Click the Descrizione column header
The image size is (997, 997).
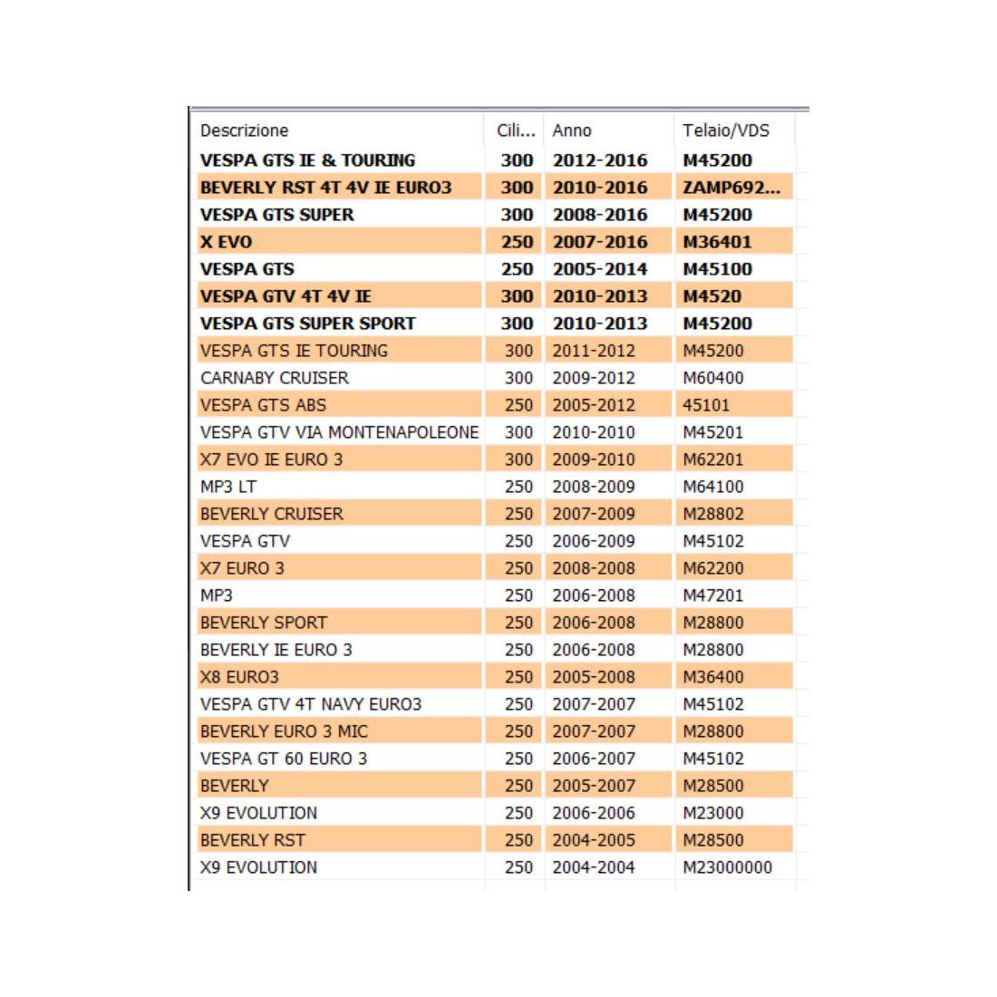(244, 131)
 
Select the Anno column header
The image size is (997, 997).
(572, 131)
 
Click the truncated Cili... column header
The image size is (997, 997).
(516, 131)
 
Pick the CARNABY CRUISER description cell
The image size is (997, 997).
(274, 378)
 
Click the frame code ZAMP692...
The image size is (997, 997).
(731, 188)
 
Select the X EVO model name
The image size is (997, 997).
(226, 242)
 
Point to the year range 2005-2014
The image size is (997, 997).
(600, 269)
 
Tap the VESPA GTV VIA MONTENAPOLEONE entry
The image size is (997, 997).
(339, 432)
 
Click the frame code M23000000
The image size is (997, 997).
(727, 867)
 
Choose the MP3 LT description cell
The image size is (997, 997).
(227, 487)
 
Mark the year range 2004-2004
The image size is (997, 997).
(594, 867)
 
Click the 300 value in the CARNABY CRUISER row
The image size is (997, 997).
(518, 378)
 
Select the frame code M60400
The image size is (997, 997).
(713, 378)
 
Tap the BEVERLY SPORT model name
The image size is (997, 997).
(263, 623)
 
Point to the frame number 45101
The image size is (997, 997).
(706, 405)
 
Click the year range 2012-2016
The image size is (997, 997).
(600, 160)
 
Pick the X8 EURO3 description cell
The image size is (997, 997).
(239, 677)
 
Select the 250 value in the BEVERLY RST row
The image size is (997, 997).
(518, 840)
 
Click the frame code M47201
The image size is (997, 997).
(713, 595)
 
